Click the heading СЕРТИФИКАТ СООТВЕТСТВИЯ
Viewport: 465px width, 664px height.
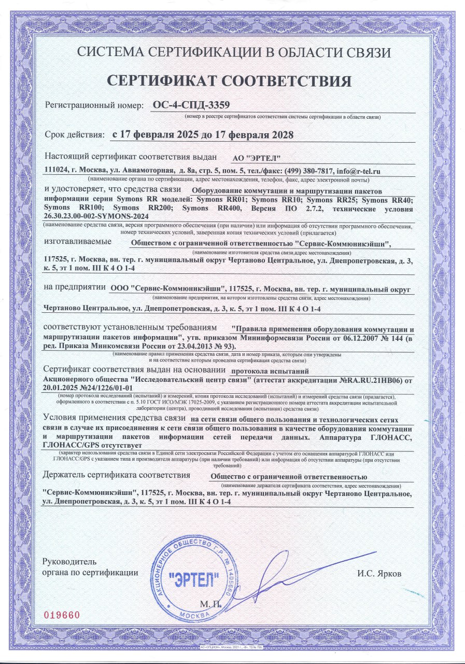click(229, 80)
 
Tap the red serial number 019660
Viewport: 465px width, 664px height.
click(62, 615)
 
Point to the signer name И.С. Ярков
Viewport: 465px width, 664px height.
click(379, 574)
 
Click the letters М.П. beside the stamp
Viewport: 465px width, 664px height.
click(210, 605)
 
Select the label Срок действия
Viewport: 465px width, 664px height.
click(75, 135)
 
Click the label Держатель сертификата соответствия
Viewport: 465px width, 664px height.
click(117, 475)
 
